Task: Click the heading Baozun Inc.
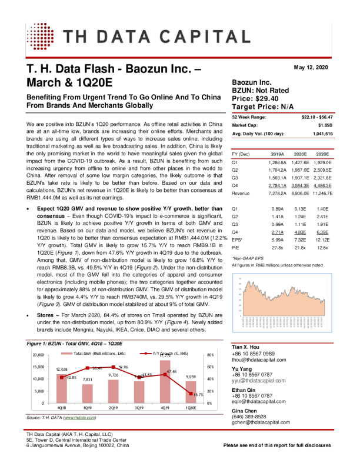[252, 83]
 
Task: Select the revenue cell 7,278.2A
[275, 193]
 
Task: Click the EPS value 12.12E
[322, 240]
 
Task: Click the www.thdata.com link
[79, 418]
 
